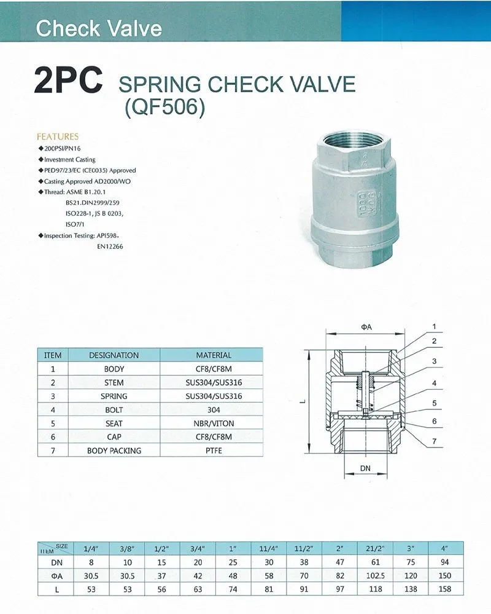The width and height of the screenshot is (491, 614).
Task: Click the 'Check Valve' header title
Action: (99, 28)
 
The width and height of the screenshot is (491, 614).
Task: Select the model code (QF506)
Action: (164, 108)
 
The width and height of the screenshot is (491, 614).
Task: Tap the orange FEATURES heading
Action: (58, 136)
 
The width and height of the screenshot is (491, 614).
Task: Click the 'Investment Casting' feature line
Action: (70, 159)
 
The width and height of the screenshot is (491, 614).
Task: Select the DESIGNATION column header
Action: (114, 355)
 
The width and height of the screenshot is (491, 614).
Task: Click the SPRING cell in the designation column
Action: (114, 396)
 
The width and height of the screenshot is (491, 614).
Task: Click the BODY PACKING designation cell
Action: (114, 451)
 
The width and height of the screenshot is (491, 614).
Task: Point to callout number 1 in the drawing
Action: (433, 326)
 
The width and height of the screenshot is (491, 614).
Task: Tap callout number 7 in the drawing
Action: (433, 442)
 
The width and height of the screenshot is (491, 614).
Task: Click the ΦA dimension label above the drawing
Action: (367, 327)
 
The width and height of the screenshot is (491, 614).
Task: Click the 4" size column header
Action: (445, 547)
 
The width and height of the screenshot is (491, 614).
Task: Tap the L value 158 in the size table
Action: (445, 589)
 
